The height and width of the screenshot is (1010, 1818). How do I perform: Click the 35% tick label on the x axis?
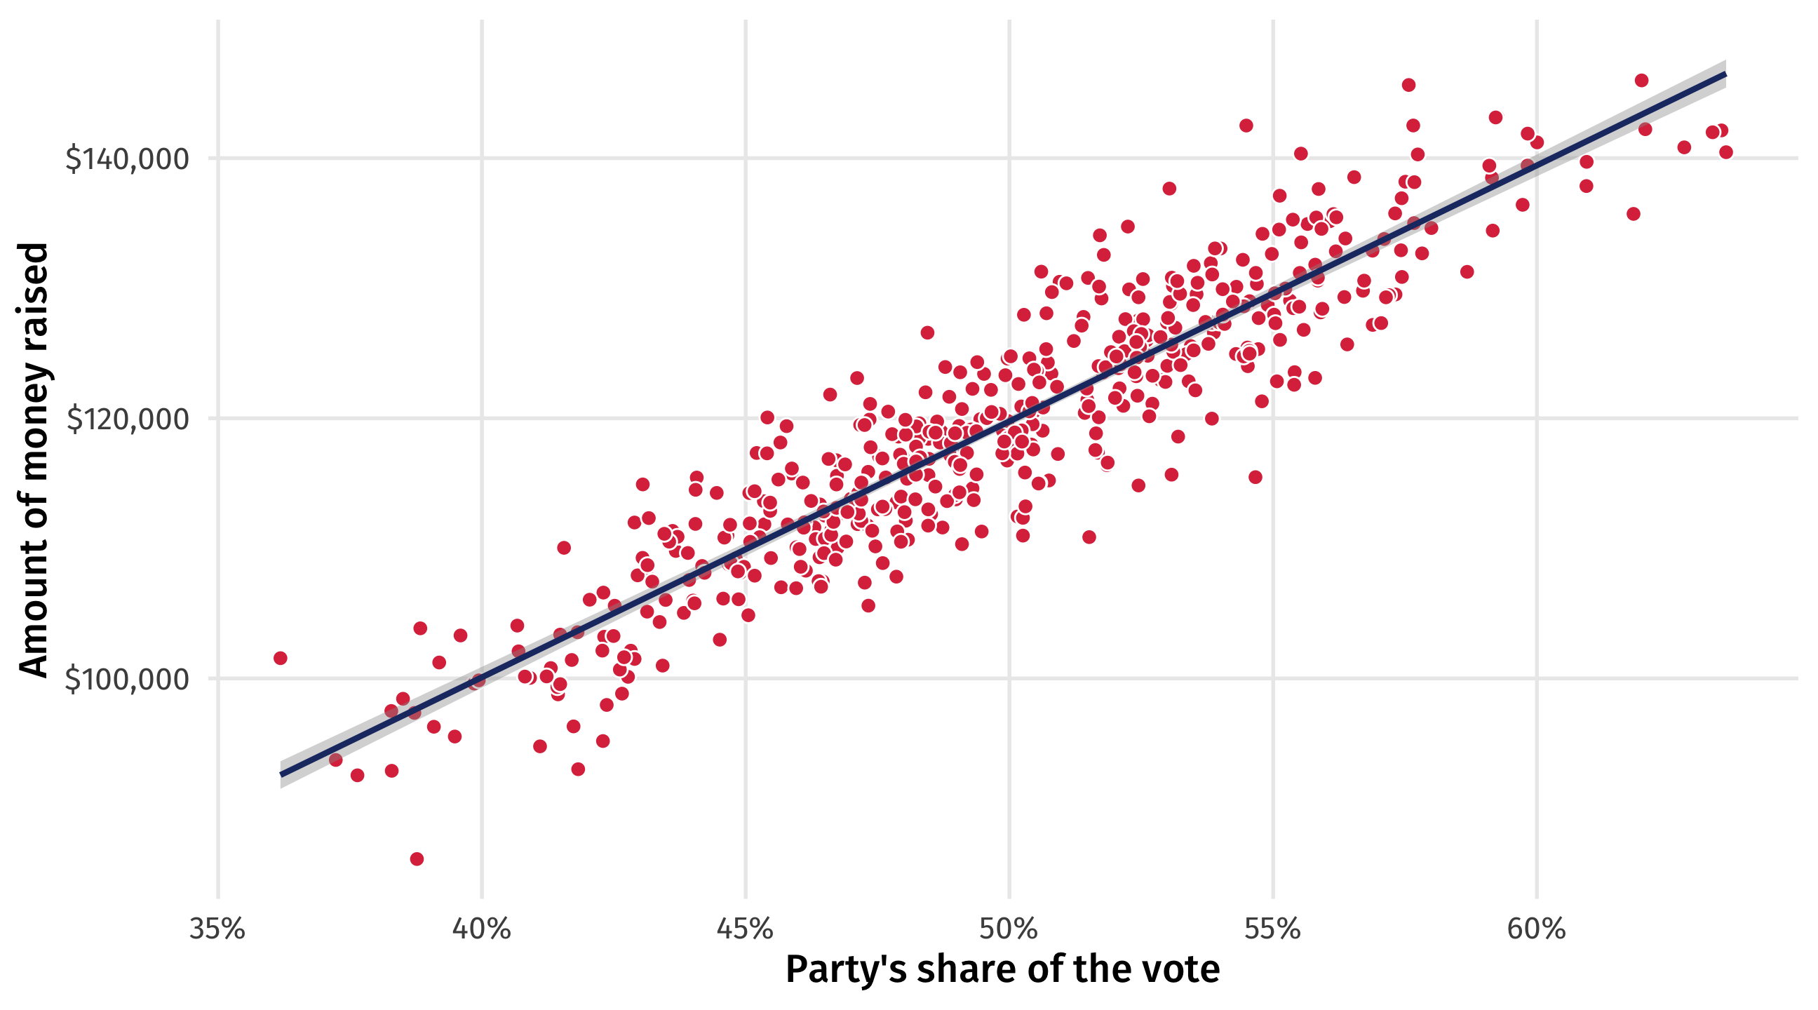[217, 929]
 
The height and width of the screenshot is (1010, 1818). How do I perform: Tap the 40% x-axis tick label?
[481, 929]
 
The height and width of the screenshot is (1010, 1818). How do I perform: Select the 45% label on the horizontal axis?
[746, 929]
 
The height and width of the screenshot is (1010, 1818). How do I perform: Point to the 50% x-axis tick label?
[1009, 929]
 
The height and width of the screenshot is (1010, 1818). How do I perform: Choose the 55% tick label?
[1272, 929]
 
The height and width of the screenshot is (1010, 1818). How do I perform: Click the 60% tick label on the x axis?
[1537, 929]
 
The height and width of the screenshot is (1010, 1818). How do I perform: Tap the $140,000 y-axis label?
[128, 159]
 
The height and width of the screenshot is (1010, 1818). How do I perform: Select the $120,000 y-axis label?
[128, 419]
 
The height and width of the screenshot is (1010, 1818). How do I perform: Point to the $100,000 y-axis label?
[128, 680]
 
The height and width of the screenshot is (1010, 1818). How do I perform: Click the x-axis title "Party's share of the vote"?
[1002, 969]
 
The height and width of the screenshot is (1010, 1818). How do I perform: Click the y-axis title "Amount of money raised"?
[34, 460]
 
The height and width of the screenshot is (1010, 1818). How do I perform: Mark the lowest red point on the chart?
[417, 859]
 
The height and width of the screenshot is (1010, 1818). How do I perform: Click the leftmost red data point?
[280, 658]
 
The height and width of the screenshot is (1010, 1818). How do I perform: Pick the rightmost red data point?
[1725, 151]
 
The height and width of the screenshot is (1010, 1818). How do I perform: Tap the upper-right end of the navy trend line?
[1725, 74]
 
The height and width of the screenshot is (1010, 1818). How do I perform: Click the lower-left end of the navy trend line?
[281, 775]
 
